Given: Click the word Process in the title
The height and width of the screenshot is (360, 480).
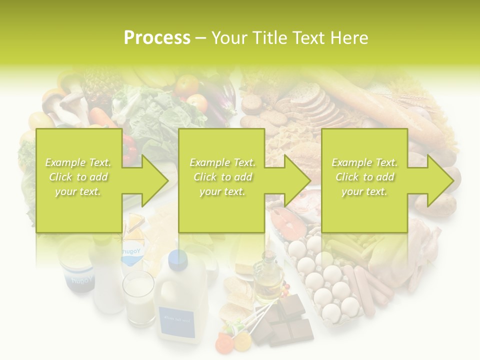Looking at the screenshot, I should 157,38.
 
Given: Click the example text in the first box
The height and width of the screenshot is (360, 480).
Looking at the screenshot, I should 78,177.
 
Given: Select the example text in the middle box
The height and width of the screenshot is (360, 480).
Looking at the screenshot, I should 222,177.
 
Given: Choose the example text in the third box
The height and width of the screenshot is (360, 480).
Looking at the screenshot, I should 364,177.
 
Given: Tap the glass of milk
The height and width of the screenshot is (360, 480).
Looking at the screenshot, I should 139,298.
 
